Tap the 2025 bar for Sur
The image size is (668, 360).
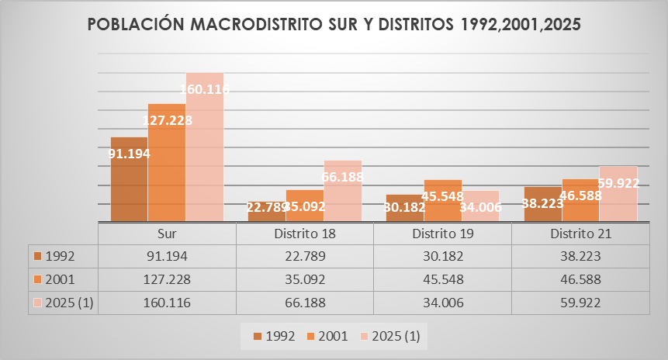205,147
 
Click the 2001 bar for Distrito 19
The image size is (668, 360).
443,201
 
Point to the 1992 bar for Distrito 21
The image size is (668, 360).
542,205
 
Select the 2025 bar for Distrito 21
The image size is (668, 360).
618,195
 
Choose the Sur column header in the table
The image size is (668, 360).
167,234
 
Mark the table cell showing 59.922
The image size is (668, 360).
580,303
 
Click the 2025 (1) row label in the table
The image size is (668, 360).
70,303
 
